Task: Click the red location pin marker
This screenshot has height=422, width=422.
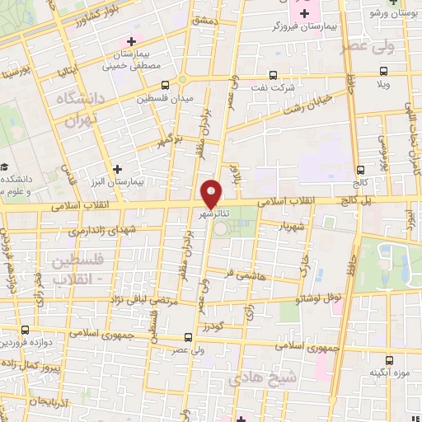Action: pos(211,193)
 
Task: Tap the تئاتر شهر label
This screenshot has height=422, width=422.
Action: pos(213,213)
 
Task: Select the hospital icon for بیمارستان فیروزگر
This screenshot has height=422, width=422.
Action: pos(305,12)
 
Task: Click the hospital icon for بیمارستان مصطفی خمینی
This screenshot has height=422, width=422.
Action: pos(129,41)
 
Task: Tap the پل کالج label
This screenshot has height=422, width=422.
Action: pos(356,200)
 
